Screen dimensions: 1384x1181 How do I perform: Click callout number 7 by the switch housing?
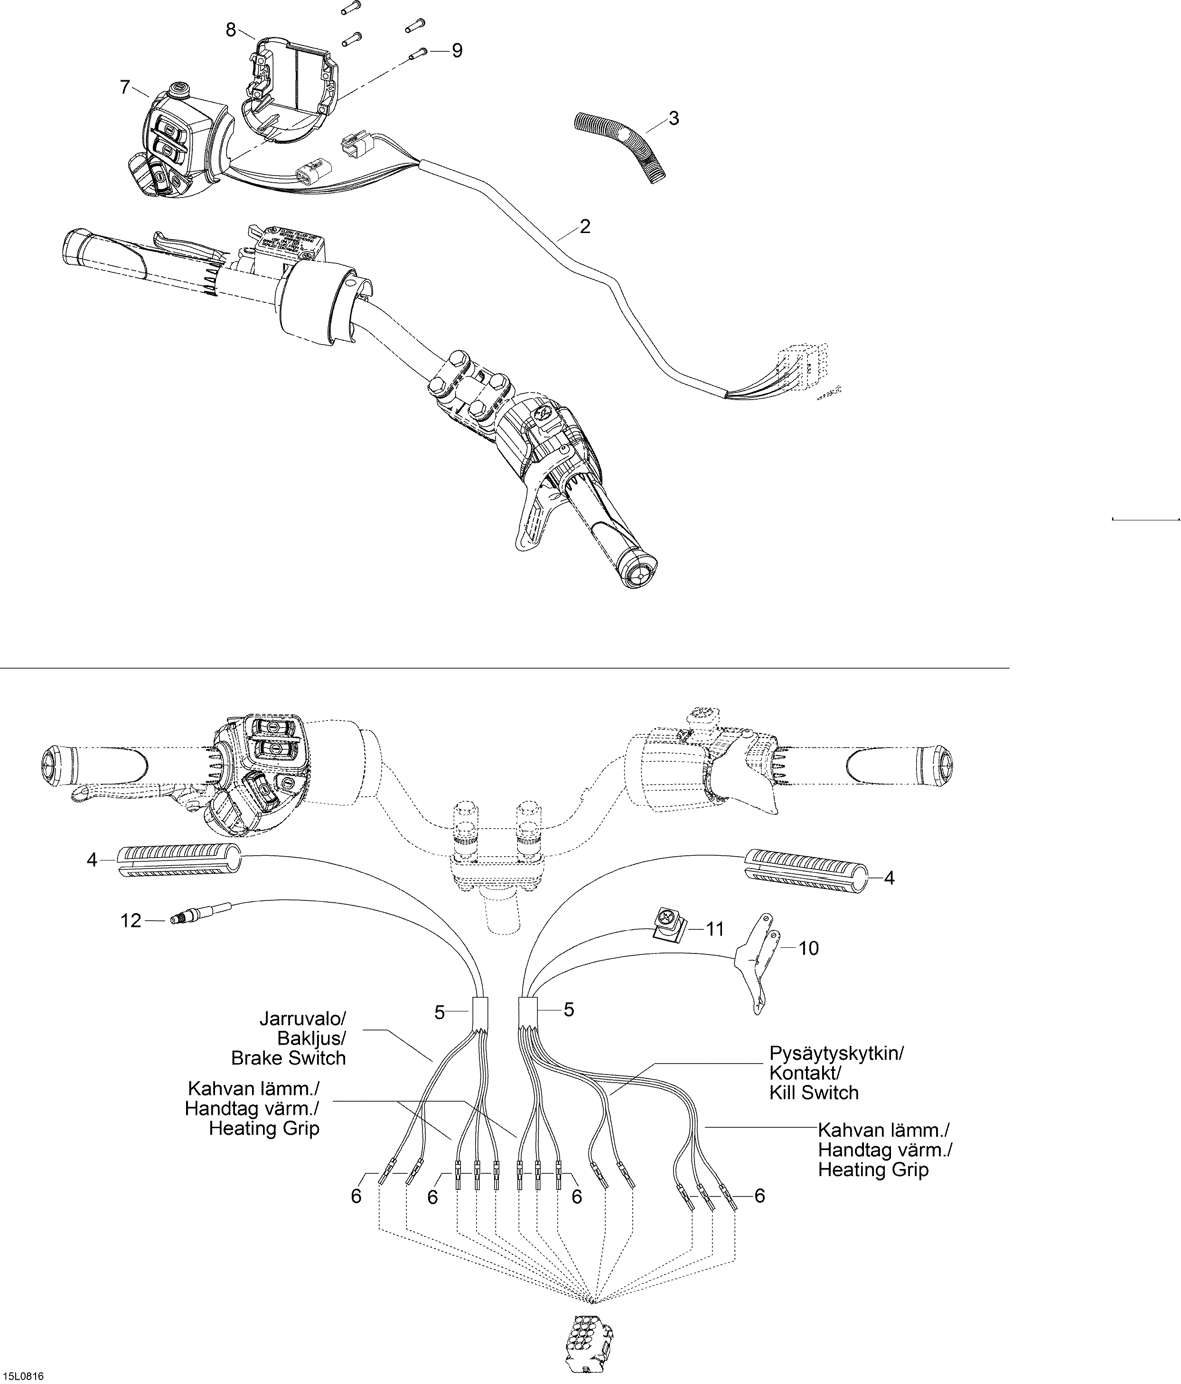click(124, 87)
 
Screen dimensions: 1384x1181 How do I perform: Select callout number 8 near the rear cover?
click(230, 29)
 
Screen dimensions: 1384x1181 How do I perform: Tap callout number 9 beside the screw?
click(457, 51)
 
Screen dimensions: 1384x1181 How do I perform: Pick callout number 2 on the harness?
click(585, 226)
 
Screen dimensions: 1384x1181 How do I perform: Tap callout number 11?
click(715, 929)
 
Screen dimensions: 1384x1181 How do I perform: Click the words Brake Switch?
click(288, 1057)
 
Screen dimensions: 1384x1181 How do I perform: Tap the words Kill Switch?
click(814, 1092)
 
